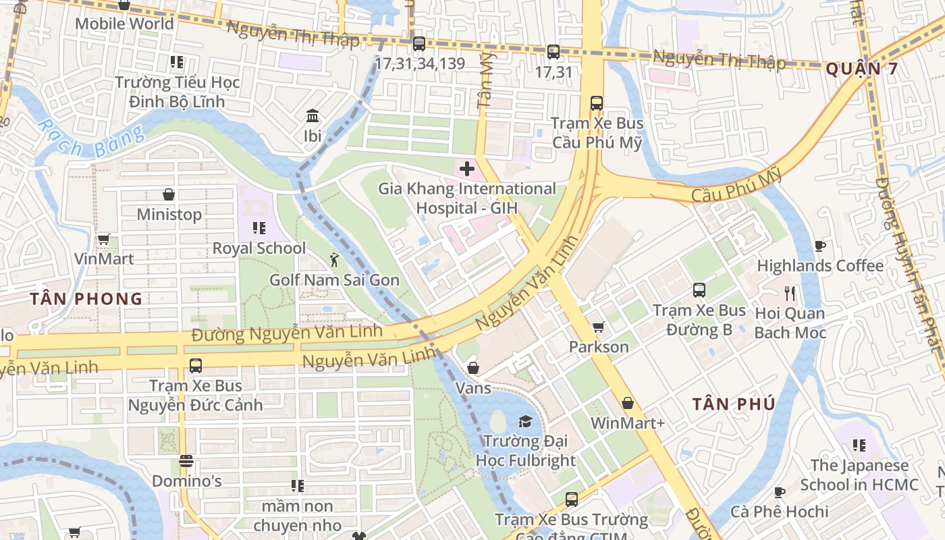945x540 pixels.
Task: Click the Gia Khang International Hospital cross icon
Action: click(466, 168)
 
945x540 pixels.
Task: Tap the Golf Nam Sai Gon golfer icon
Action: click(333, 259)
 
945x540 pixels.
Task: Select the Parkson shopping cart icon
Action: click(598, 327)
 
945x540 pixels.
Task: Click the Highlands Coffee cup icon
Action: click(820, 246)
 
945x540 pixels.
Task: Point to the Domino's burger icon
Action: click(186, 462)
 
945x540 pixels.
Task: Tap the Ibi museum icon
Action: click(313, 116)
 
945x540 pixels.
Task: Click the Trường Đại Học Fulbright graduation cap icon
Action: click(524, 422)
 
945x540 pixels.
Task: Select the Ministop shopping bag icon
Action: click(169, 195)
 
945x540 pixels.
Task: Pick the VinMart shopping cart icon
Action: click(103, 239)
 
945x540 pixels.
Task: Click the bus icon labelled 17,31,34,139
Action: click(419, 44)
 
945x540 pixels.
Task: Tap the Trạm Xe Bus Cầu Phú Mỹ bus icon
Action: click(597, 103)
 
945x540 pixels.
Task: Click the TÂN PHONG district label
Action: click(86, 298)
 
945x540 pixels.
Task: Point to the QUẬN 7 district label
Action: click(862, 69)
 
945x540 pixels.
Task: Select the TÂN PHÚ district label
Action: click(734, 404)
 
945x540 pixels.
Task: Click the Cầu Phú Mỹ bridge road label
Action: click(736, 186)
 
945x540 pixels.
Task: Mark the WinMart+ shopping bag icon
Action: click(628, 403)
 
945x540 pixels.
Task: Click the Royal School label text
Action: click(259, 248)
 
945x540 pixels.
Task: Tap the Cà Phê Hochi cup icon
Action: click(780, 492)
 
